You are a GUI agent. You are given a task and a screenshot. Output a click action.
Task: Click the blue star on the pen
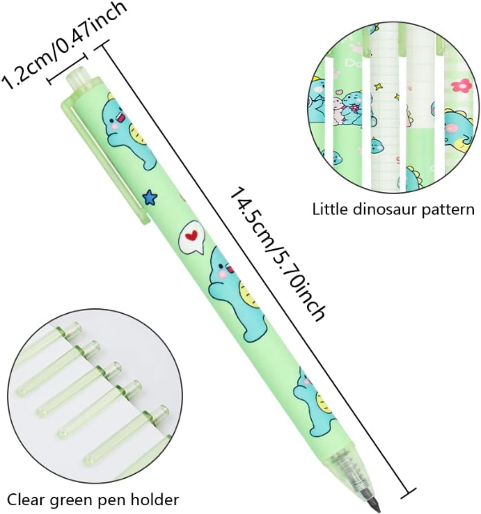coord(150,197)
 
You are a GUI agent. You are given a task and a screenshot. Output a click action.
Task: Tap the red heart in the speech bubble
coord(191,235)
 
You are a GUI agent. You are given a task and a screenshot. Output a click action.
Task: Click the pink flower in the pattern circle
coord(462,86)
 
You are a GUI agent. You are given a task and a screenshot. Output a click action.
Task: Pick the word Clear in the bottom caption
coord(26,500)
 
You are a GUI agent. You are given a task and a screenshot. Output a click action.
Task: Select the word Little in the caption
coord(330,209)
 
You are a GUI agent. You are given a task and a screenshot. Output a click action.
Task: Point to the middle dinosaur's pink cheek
coord(222,273)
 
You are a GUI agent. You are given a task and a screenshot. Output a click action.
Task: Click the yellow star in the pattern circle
coord(378,86)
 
